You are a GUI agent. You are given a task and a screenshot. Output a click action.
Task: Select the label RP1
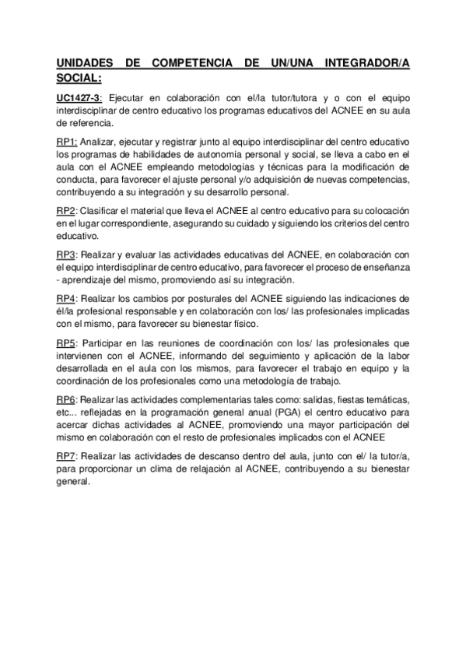(66, 140)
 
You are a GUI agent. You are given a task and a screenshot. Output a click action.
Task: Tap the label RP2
(66, 211)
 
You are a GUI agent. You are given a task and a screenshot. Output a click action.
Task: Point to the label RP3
(66, 254)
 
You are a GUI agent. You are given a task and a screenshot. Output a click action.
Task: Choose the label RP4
(66, 297)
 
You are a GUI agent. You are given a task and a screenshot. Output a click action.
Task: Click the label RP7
(66, 456)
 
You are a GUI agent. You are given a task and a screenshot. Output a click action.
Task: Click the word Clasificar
(103, 211)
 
